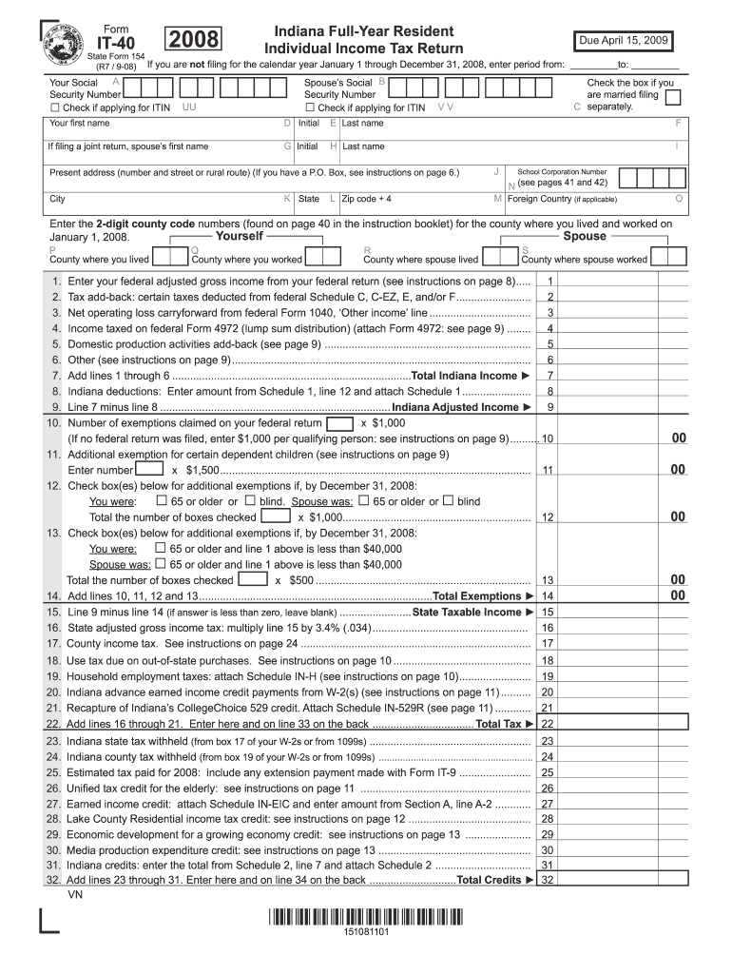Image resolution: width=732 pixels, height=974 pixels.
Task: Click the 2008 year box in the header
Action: coord(194,39)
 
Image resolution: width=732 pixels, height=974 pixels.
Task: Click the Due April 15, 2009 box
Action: coord(624,41)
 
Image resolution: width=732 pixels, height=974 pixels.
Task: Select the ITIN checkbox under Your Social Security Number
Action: coord(55,107)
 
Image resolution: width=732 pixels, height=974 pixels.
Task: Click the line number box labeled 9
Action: coord(550,407)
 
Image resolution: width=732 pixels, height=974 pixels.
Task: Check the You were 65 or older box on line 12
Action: coord(162,501)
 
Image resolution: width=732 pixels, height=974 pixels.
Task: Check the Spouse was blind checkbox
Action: coord(449,501)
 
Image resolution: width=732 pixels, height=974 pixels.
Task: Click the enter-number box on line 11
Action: coord(151,470)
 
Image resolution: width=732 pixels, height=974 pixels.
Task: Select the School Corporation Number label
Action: coord(562,170)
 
